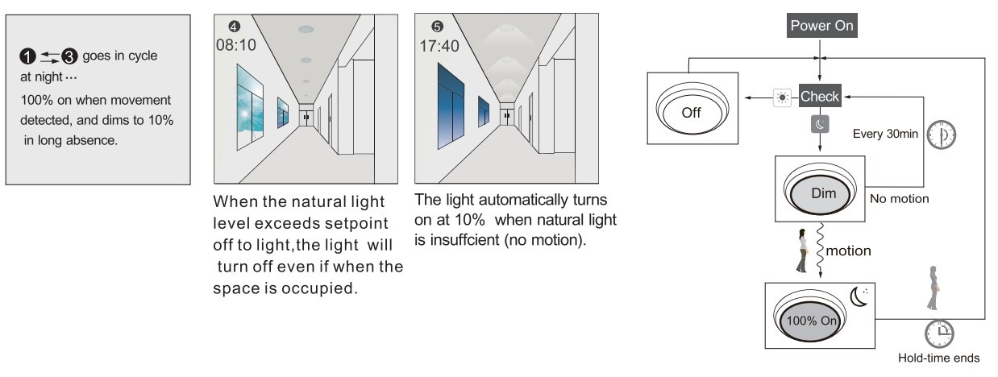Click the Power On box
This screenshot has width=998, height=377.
click(x=821, y=25)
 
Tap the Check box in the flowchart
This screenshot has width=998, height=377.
click(x=820, y=96)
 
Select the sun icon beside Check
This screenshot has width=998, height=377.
click(x=782, y=97)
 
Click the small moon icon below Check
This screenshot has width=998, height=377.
click(x=820, y=124)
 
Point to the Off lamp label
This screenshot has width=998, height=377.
click(x=691, y=113)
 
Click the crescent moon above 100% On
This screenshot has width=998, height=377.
click(x=859, y=297)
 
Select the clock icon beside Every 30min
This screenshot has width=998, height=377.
click(x=942, y=135)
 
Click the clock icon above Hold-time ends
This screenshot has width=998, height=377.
click(x=939, y=333)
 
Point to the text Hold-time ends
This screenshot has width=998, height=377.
click(x=938, y=358)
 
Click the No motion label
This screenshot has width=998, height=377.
click(x=899, y=198)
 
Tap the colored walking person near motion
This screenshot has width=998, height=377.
click(x=802, y=251)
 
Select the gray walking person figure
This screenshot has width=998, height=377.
click(x=933, y=288)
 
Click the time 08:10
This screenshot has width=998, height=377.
click(x=235, y=45)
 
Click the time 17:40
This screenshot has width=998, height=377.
click(x=439, y=46)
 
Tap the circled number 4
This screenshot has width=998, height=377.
click(x=234, y=27)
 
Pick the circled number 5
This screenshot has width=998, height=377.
click(x=437, y=27)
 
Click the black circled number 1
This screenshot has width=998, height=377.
click(x=27, y=56)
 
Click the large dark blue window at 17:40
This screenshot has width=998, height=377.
click(x=451, y=107)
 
